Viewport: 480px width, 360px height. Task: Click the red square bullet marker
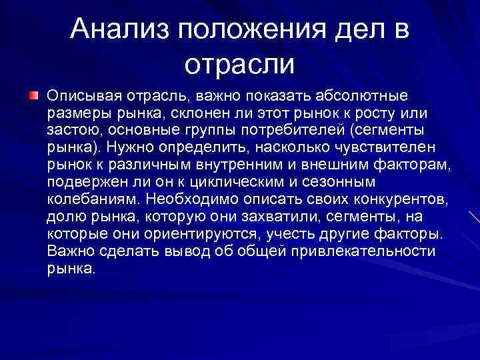click(33, 97)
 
